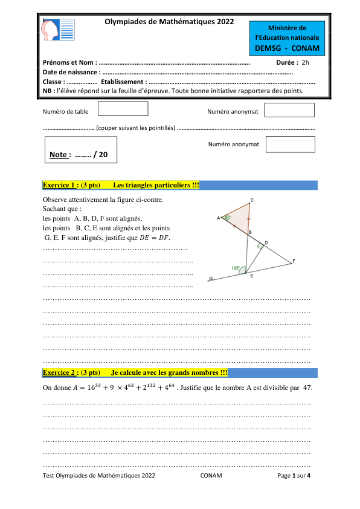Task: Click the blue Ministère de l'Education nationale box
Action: tap(287, 37)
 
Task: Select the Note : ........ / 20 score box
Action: tap(80, 150)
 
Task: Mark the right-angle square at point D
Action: tap(260, 246)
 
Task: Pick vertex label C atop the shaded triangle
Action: tap(251, 200)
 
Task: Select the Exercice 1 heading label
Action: tap(60, 185)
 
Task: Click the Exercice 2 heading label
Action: tap(60, 372)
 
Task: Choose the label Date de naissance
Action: tap(71, 72)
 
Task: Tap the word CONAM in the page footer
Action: tap(211, 476)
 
